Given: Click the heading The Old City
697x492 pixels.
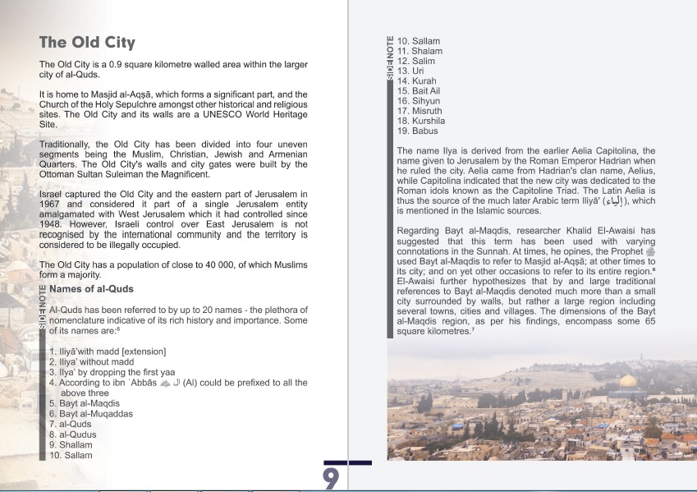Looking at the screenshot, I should (x=87, y=43).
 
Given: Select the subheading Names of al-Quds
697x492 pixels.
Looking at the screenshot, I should (x=91, y=289).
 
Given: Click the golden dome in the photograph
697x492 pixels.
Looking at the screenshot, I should (x=629, y=383).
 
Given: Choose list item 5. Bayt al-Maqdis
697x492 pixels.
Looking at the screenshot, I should (x=84, y=403).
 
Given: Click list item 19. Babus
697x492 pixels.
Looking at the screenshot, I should (x=419, y=131).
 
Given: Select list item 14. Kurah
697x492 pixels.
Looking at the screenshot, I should (x=418, y=81).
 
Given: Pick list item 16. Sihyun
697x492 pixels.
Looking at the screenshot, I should (x=420, y=101).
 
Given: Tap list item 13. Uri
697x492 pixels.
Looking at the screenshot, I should (x=410, y=71).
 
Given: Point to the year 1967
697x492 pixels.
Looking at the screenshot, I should (x=51, y=204).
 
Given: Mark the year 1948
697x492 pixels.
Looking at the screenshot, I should (x=51, y=223).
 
